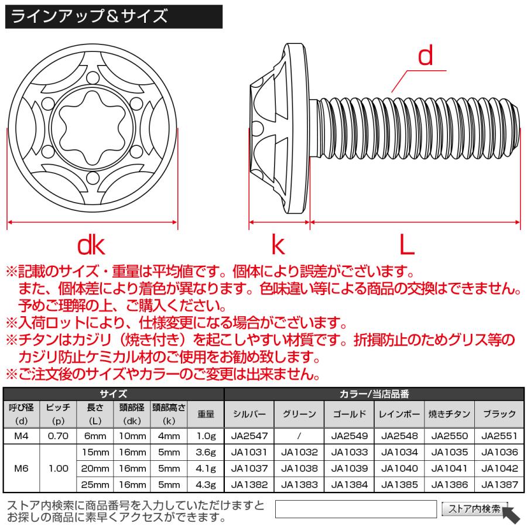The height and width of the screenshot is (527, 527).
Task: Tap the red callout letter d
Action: [425, 56]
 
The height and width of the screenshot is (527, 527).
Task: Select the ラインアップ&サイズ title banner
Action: [114, 16]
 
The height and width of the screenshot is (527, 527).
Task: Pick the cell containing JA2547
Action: [249, 436]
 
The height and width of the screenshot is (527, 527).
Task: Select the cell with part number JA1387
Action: [500, 485]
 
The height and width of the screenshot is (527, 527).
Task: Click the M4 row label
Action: [21, 436]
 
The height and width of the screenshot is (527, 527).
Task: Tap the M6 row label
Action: [21, 468]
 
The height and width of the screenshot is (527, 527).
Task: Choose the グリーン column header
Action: [299, 414]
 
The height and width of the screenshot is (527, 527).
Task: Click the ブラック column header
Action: [500, 414]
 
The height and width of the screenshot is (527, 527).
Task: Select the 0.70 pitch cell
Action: [58, 436]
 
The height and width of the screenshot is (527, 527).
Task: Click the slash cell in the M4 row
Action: [299, 436]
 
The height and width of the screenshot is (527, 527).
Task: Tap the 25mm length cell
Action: [94, 485]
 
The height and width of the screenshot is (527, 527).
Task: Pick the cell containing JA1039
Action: [350, 469]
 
